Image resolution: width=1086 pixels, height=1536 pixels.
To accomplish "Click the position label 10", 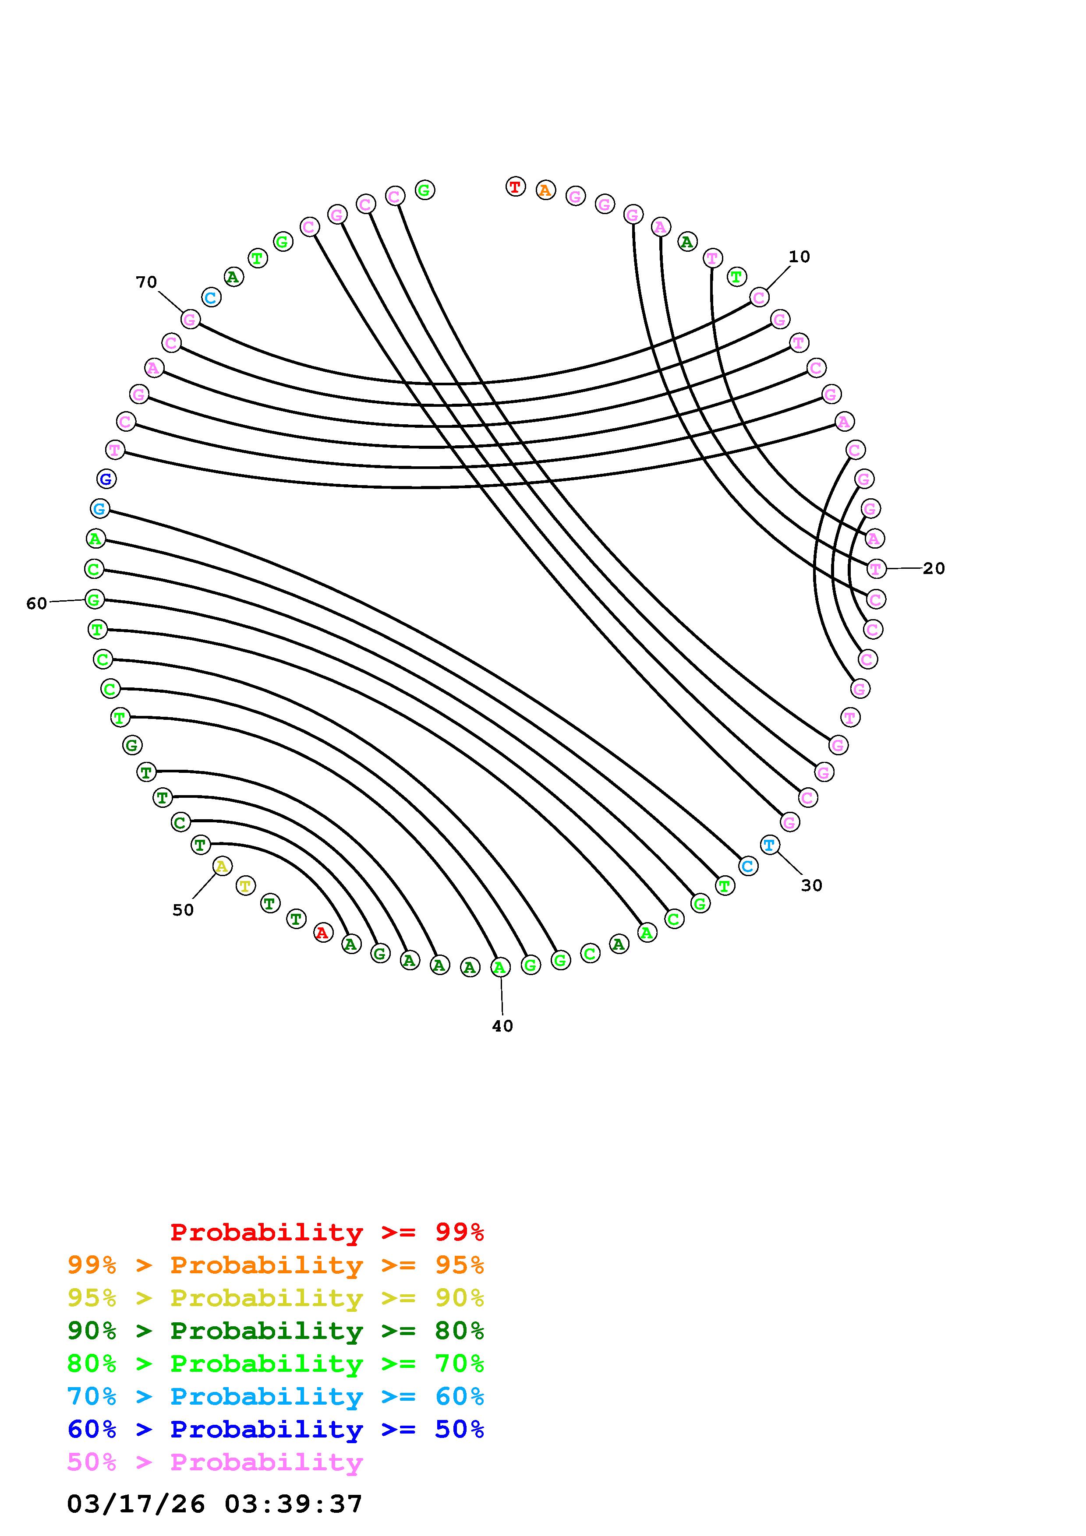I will [799, 257].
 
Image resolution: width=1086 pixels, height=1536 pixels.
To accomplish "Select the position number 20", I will [934, 569].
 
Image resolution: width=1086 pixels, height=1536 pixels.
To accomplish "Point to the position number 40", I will [502, 1026].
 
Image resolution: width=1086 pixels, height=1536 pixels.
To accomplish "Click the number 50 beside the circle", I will [183, 910].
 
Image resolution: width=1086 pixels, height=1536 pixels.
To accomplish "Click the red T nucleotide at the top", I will [515, 187].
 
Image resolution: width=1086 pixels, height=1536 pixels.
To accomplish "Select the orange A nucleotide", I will [545, 190].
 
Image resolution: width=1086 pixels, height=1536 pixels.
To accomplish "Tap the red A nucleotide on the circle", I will [323, 933].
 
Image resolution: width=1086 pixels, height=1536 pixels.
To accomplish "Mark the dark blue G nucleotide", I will [106, 479].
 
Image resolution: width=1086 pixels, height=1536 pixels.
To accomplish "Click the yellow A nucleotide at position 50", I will [222, 867].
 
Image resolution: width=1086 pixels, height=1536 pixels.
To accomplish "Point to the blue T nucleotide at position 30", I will [770, 845].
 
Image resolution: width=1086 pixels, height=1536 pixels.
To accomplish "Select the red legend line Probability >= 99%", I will [326, 1232].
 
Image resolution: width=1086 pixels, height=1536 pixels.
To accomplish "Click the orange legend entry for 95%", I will [276, 1265].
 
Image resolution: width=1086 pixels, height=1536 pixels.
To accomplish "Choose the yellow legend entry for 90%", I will [276, 1298].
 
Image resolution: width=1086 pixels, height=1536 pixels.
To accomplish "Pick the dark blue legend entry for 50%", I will [276, 1430].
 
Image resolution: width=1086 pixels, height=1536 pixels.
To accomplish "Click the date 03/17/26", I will [136, 1504].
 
